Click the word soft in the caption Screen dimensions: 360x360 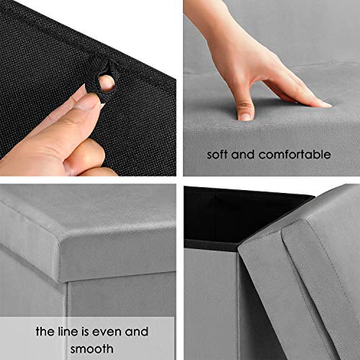coord(220,154)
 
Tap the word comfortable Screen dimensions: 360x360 coord(294,154)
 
